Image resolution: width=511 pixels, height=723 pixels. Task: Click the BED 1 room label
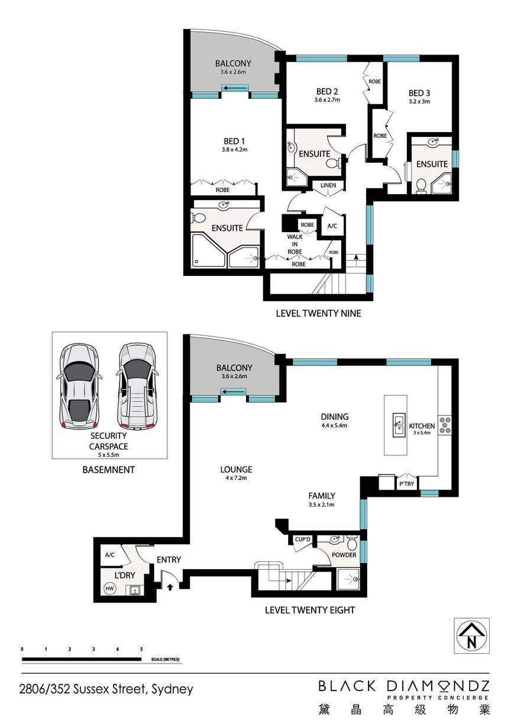click(234, 141)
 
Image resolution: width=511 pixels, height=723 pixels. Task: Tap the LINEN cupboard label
click(328, 185)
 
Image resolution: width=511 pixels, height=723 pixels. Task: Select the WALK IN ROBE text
click(295, 244)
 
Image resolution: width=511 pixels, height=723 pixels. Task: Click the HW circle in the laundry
click(109, 589)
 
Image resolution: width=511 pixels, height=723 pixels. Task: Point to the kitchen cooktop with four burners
click(445, 425)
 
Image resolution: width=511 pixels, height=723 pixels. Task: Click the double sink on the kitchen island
click(399, 425)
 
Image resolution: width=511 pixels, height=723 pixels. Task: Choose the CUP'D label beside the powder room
click(302, 539)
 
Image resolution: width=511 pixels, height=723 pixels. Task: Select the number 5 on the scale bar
click(141, 649)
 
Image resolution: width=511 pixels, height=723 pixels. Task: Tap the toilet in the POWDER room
click(352, 543)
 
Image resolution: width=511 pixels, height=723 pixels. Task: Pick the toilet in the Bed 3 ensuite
click(421, 186)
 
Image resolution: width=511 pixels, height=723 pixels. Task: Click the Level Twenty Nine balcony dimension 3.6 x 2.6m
click(233, 72)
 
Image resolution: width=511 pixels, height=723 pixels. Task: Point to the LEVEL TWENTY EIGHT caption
click(310, 610)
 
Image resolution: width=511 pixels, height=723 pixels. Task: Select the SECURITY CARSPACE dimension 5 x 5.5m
click(109, 455)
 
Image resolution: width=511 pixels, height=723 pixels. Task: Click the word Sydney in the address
click(172, 689)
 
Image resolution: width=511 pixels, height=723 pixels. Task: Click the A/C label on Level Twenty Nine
click(332, 226)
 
